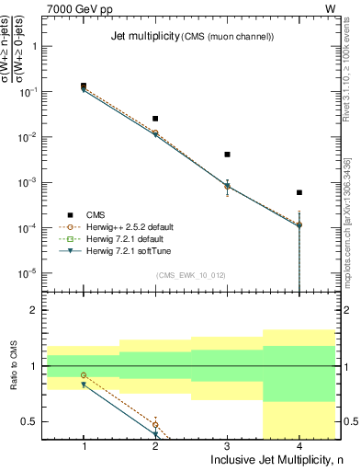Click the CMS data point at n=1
click(x=84, y=86)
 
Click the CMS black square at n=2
click(x=155, y=119)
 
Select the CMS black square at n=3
click(x=227, y=155)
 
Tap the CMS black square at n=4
click(x=299, y=192)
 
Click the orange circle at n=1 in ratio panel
click(x=84, y=375)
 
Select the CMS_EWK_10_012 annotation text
click(x=191, y=275)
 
